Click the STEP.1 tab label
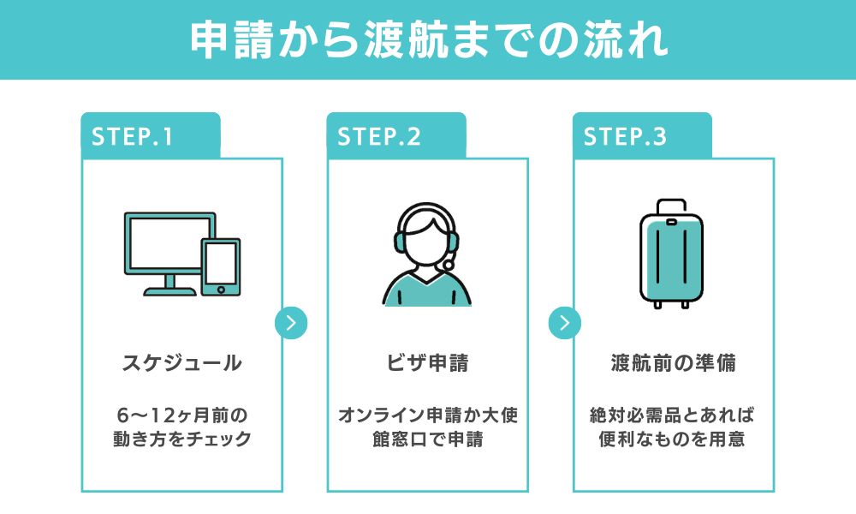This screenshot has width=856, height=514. [132, 137]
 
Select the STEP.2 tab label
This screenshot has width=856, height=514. [378, 137]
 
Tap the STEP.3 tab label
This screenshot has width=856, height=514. [624, 137]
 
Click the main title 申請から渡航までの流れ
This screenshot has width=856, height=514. [428, 39]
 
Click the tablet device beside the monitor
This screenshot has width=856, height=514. [220, 266]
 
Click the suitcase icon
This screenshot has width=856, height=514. [672, 257]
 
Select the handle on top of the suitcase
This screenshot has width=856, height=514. [672, 206]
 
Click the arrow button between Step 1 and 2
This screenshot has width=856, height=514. [291, 323]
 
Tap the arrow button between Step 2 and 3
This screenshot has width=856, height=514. [564, 323]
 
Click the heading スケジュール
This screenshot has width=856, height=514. [181, 363]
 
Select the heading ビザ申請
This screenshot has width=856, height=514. [427, 363]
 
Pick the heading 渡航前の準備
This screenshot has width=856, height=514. [673, 363]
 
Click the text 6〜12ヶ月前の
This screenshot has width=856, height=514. [181, 415]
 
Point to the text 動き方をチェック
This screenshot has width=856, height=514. [181, 440]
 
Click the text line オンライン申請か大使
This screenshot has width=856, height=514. [427, 415]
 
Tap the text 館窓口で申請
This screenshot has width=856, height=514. [427, 440]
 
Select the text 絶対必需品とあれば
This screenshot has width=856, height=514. [673, 415]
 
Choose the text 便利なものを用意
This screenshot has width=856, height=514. [673, 440]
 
